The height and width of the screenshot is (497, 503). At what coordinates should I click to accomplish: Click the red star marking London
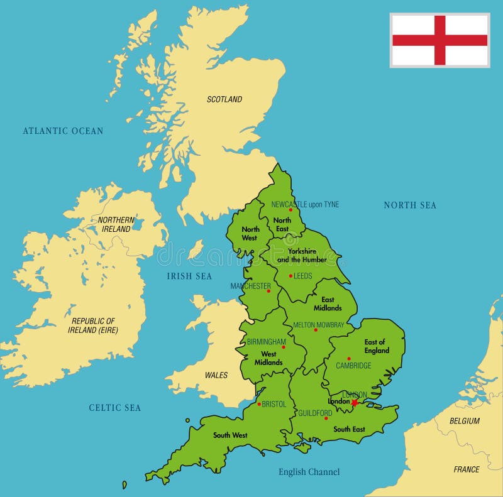pyautogui.click(x=355, y=403)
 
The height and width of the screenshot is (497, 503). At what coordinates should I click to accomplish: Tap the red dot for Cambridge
pyautogui.click(x=349, y=359)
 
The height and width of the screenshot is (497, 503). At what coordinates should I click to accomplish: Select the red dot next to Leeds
pyautogui.click(x=290, y=276)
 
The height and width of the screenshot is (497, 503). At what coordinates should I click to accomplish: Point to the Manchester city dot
pyautogui.click(x=268, y=291)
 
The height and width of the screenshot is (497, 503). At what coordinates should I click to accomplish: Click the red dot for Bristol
pyautogui.click(x=259, y=404)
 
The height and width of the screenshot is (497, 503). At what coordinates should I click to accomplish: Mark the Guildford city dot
pyautogui.click(x=326, y=418)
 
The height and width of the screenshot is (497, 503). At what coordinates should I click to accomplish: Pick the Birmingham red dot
pyautogui.click(x=284, y=347)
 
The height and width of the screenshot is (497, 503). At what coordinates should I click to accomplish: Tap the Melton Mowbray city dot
pyautogui.click(x=316, y=330)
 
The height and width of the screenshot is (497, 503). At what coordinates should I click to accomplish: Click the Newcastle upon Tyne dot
pyautogui.click(x=290, y=210)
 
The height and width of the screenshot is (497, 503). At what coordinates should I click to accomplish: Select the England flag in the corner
pyautogui.click(x=439, y=40)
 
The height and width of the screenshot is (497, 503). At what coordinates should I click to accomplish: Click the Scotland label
pyautogui.click(x=224, y=99)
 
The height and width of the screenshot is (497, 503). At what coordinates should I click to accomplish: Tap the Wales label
pyautogui.click(x=216, y=375)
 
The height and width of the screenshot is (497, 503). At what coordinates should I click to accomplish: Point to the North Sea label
pyautogui.click(x=410, y=205)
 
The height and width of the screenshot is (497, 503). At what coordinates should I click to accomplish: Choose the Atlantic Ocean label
pyautogui.click(x=63, y=131)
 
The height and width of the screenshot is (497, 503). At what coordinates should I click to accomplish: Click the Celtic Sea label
pyautogui.click(x=114, y=408)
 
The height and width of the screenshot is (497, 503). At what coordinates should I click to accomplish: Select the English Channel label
pyautogui.click(x=309, y=472)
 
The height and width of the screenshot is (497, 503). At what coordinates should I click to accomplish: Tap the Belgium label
pyautogui.click(x=465, y=421)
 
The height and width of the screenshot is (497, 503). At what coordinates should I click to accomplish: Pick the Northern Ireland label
pyautogui.click(x=116, y=224)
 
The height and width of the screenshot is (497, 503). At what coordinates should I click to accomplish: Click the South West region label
pyautogui.click(x=230, y=435)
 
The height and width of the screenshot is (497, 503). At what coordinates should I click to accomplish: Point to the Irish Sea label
pyautogui.click(x=189, y=276)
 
